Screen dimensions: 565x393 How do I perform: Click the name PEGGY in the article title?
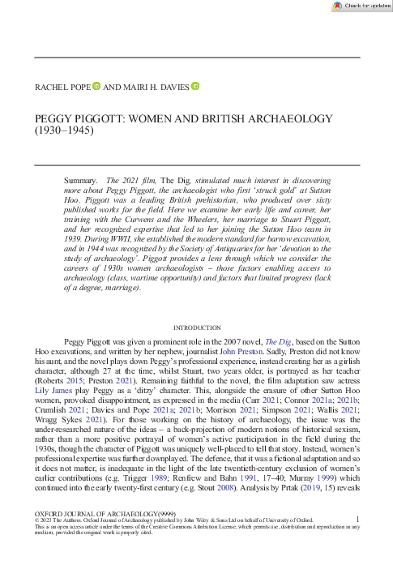(54, 118)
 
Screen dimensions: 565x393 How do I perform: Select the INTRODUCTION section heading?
(196, 305)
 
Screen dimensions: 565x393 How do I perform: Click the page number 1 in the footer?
(357, 540)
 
